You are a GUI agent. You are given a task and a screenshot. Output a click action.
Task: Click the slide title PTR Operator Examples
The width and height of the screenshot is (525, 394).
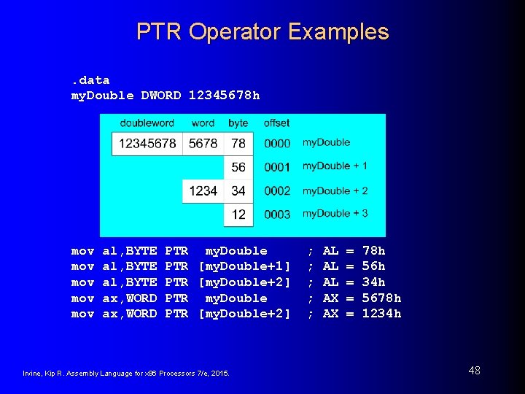262,31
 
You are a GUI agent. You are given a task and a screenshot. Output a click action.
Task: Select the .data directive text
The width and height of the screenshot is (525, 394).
90,80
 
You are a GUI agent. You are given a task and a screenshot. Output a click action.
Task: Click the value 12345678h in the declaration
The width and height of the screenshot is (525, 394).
224,96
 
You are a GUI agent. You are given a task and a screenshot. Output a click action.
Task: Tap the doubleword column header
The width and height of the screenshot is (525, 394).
147,123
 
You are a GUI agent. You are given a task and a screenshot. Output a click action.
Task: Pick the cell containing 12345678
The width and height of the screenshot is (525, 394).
147,144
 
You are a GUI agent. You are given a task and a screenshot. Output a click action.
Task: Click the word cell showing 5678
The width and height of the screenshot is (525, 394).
203,144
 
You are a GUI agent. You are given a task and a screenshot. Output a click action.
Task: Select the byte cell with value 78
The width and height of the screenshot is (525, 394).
238,144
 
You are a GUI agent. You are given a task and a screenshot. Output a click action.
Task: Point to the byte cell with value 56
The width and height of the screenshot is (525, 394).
238,167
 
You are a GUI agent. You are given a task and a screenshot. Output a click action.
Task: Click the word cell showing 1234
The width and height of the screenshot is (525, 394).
203,190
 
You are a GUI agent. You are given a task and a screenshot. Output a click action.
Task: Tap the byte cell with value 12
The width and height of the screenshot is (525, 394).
238,214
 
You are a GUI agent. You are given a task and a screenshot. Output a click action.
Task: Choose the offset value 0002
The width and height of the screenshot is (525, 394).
277,191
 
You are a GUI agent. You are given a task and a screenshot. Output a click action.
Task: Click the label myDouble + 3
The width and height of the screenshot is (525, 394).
335,213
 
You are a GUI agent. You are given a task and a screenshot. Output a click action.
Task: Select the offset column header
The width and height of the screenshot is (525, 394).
277,123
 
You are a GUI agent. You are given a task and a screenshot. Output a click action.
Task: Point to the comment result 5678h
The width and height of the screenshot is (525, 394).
381,298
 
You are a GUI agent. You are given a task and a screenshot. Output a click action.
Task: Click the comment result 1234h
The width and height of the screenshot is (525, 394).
381,314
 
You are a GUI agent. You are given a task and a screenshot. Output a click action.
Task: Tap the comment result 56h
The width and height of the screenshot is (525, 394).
373,266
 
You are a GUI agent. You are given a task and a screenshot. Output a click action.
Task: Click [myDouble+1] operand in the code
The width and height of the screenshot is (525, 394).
244,266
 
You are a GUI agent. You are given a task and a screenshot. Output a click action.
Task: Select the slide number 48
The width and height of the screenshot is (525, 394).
474,371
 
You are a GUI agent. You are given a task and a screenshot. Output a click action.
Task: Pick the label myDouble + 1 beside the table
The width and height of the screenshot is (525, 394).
335,166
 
